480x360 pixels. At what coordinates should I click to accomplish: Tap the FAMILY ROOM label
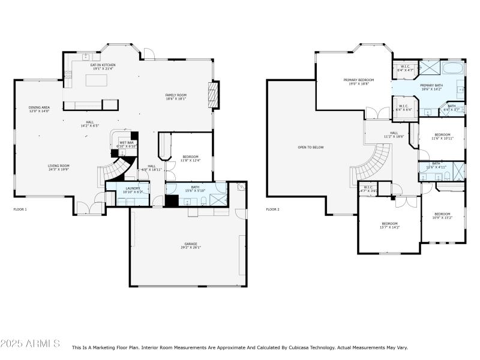(x=176, y=97)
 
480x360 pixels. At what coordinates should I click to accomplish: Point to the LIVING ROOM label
(x=59, y=167)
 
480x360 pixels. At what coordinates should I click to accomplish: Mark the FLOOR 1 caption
(x=20, y=209)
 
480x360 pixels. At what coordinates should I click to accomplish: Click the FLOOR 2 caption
(x=273, y=209)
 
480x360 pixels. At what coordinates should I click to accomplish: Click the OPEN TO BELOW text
(x=310, y=147)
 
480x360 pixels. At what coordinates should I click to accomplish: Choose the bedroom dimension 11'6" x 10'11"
(x=442, y=139)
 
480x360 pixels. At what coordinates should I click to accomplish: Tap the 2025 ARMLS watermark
(x=30, y=344)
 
